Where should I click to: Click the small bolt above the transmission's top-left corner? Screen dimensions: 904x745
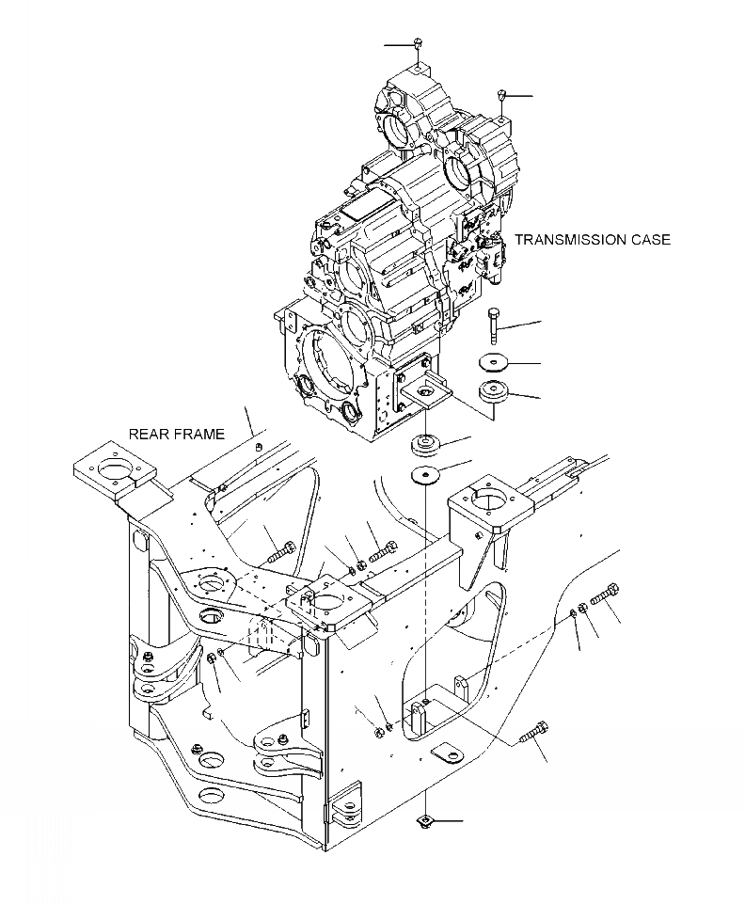point(419,44)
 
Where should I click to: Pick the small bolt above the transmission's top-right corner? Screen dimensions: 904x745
point(503,95)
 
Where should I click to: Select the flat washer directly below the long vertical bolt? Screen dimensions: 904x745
point(494,362)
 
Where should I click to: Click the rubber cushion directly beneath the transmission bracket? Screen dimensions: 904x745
point(428,443)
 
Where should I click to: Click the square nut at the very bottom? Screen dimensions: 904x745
point(426,822)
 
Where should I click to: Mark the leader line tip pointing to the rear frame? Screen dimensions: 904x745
point(257,436)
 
